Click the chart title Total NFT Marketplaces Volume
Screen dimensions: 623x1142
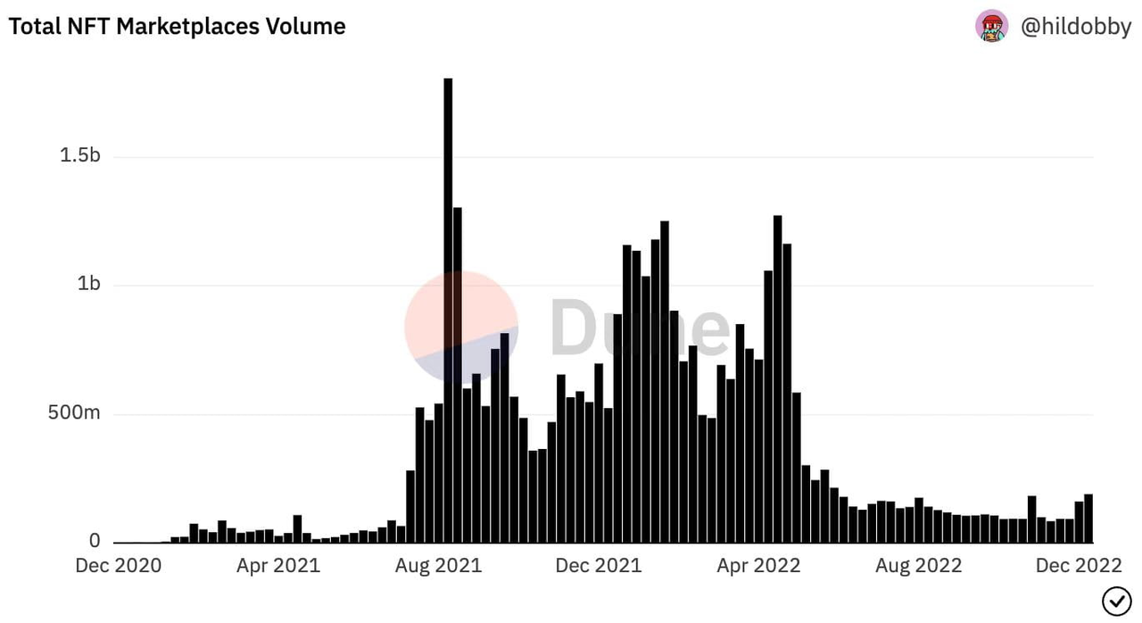[x=177, y=27]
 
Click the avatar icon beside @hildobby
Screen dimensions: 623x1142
[x=991, y=26]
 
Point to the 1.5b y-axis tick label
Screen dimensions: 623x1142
[x=80, y=156]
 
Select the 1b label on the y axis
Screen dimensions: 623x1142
[x=88, y=285]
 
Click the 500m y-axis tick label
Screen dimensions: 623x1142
[x=74, y=413]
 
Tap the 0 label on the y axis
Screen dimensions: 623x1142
[x=95, y=542]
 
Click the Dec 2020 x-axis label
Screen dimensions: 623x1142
[x=119, y=566]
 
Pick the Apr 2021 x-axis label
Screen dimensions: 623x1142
[x=278, y=566]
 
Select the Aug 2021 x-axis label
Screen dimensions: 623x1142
[x=439, y=566]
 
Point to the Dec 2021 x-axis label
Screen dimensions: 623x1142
[x=599, y=566]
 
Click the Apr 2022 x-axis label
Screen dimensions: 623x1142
[x=758, y=566]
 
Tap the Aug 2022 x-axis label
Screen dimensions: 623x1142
[x=919, y=566]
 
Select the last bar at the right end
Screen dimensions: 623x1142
[x=1088, y=519]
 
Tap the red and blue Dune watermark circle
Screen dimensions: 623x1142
[x=461, y=327]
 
